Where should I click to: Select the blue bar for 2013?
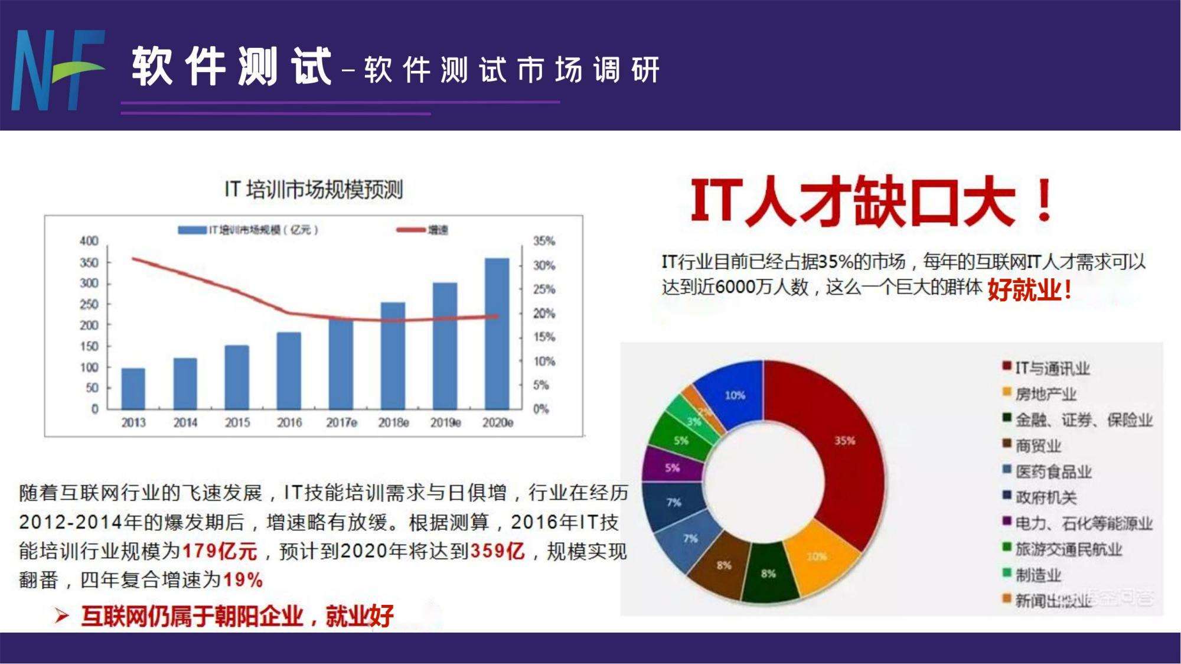click(133, 388)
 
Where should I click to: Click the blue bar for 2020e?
click(497, 333)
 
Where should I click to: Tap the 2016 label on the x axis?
click(289, 423)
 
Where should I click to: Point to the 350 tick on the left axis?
click(89, 262)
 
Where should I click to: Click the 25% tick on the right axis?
click(544, 289)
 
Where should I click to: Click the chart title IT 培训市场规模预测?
click(314, 190)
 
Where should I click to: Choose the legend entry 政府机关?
click(1046, 497)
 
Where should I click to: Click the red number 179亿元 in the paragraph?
click(220, 552)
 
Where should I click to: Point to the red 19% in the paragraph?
click(243, 580)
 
